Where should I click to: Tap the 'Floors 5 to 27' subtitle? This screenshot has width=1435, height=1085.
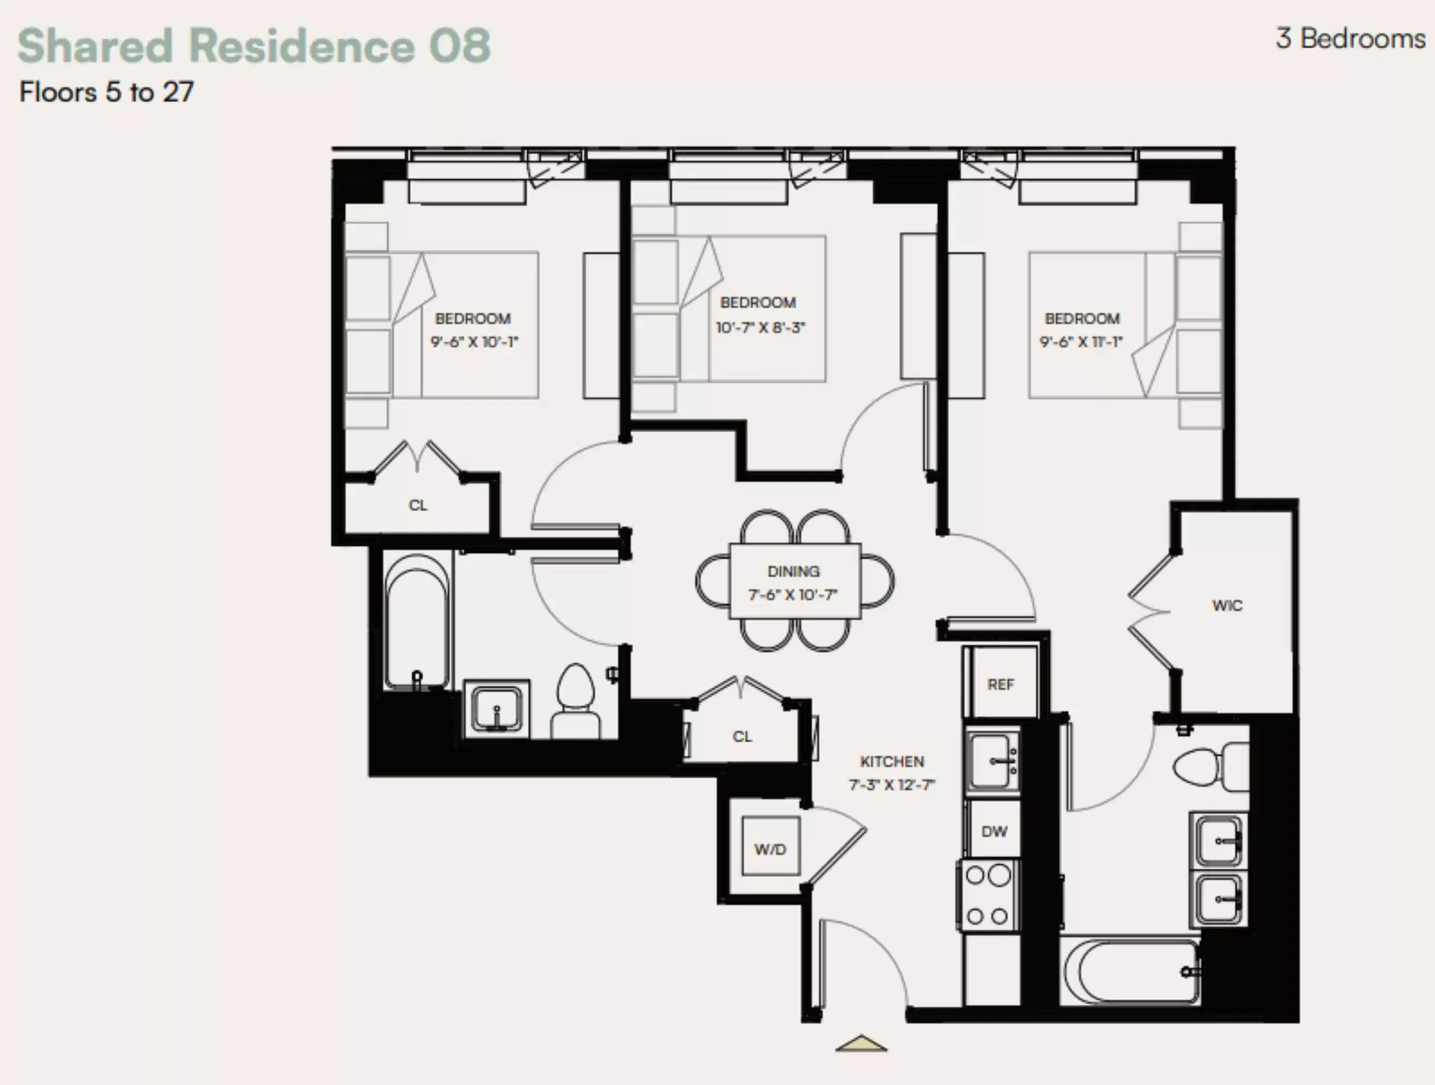(106, 92)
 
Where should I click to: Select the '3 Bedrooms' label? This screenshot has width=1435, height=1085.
(1350, 39)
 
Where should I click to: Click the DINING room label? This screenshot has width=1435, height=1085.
(793, 571)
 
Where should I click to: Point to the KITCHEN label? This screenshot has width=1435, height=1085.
(892, 761)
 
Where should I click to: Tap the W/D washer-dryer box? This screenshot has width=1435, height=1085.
(770, 849)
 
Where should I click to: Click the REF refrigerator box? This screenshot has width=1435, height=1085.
(1000, 684)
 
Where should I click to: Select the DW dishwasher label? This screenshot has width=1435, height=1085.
(994, 832)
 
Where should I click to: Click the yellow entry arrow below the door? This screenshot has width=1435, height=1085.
(861, 1043)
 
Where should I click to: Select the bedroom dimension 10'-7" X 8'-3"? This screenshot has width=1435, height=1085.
(760, 328)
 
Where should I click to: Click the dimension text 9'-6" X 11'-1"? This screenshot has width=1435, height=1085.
(1081, 342)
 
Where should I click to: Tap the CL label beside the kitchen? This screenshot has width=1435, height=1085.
(742, 737)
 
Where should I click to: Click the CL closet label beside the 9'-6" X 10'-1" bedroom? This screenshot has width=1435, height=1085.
(418, 505)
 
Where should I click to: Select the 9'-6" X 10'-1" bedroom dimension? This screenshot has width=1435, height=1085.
(474, 342)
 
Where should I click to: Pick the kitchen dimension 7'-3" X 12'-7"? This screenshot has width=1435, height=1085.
(892, 785)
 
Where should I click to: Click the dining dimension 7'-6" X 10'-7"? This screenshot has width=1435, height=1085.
(793, 595)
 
